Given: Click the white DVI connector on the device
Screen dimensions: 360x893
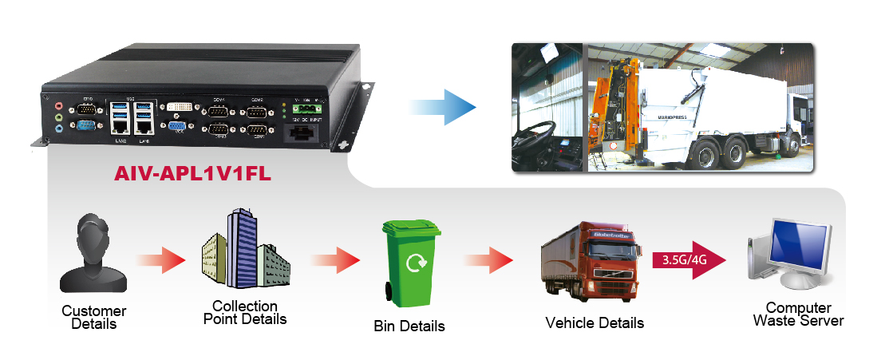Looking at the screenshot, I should coord(177,107).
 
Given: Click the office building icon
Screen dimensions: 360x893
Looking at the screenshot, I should coord(244,251).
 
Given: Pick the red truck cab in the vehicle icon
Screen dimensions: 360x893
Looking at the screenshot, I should coord(610,260).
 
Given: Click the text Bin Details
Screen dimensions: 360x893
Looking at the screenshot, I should coord(409,326).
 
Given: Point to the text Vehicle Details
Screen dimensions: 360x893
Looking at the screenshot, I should coord(595,323).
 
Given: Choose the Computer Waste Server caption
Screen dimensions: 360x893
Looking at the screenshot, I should coord(798,315).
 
